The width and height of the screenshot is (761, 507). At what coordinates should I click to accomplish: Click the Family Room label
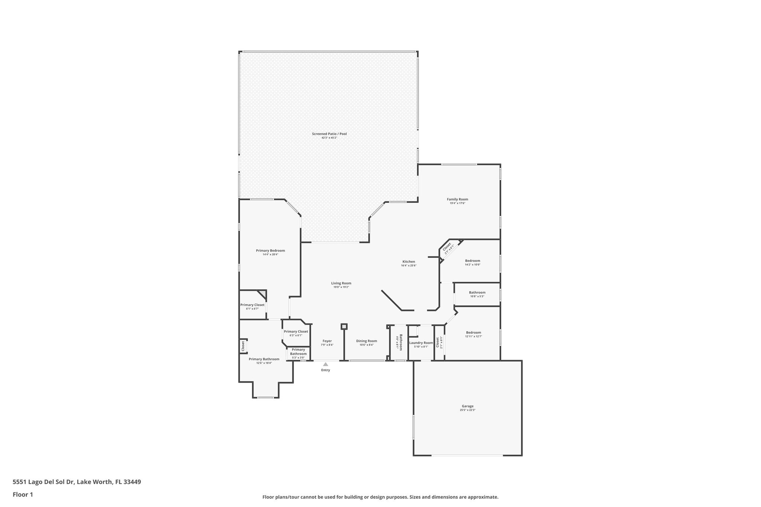[457, 199]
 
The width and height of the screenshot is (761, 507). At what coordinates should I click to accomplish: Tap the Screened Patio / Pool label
[329, 134]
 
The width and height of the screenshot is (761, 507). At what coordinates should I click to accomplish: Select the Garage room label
[467, 406]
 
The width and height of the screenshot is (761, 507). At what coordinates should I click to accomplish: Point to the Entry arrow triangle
[326, 364]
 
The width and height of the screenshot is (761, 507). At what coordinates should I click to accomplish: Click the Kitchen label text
[408, 261]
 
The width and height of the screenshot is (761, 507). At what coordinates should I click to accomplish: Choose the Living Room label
[341, 283]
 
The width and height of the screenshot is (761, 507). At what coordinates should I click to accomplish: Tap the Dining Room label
[366, 341]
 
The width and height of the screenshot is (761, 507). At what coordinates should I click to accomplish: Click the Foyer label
[327, 341]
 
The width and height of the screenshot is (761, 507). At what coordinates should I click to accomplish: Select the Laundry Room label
[421, 343]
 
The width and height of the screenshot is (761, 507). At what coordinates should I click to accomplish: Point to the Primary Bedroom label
[270, 251]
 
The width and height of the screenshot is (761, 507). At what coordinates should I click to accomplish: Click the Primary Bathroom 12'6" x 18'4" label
[264, 359]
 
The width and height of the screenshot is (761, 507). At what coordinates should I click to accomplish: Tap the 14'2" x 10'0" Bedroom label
[473, 261]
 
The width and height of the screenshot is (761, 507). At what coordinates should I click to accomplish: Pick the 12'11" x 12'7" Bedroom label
[473, 332]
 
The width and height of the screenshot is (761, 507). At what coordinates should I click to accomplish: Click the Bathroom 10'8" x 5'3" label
[477, 292]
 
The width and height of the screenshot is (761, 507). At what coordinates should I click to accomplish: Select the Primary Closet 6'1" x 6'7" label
[252, 305]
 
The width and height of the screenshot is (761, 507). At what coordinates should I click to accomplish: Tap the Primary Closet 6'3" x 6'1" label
[296, 332]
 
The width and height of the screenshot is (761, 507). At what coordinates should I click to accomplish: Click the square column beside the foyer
[344, 326]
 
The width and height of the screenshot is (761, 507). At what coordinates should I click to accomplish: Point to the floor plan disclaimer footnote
[380, 497]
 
